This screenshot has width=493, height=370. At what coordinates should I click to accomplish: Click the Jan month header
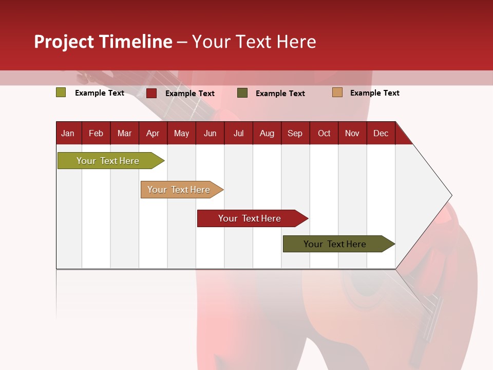[x=68, y=133]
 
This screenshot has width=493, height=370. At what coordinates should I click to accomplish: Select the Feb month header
[x=96, y=133]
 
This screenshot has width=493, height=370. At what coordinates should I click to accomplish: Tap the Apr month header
[x=153, y=133]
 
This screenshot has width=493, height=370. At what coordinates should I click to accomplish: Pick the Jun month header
[x=210, y=133]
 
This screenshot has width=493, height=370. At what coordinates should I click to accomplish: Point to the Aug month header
[x=267, y=133]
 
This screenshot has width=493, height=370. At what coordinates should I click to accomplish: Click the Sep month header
[x=295, y=133]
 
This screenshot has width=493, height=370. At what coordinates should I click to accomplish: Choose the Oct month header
[x=324, y=133]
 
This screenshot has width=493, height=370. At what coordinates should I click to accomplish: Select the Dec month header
[x=381, y=133]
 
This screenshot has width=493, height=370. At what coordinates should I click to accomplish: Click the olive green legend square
[x=61, y=92]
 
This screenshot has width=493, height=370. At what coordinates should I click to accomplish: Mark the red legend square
[x=151, y=93]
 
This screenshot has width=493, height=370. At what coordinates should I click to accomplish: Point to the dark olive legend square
[x=242, y=93]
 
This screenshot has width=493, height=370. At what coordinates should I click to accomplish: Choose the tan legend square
[x=337, y=92]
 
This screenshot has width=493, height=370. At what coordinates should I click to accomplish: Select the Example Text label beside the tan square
[x=374, y=93]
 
